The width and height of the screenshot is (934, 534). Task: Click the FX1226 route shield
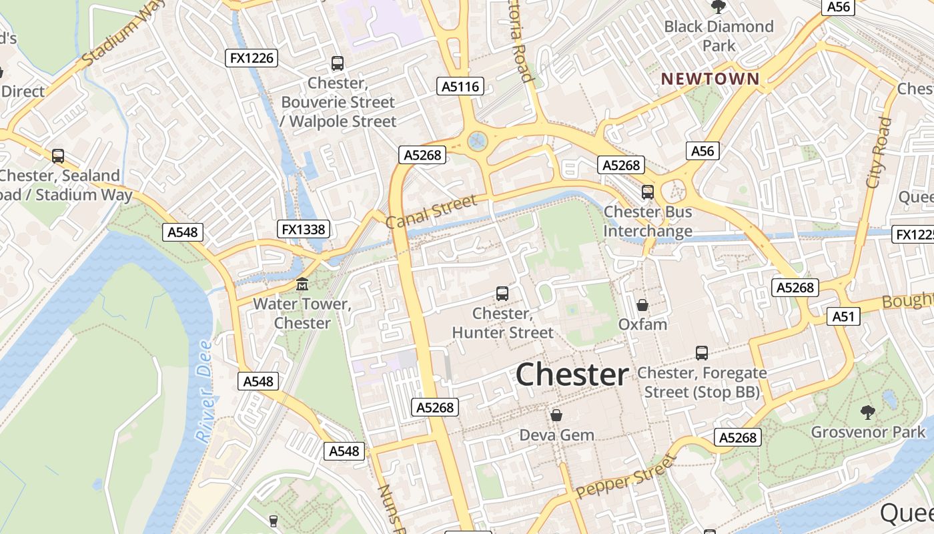(252, 58)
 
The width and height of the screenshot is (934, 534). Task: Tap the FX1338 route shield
(304, 230)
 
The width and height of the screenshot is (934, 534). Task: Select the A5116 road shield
(460, 86)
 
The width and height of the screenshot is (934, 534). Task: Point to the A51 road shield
(843, 316)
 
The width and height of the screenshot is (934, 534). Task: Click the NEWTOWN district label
(710, 79)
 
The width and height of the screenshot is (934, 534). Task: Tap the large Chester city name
(572, 375)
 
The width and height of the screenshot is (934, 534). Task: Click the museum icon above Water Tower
(302, 284)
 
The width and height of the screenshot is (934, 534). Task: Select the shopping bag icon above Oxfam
(642, 305)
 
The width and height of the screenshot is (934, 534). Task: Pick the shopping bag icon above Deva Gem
(556, 415)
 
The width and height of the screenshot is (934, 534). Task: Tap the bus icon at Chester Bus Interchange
(647, 192)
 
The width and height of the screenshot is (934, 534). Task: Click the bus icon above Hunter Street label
(502, 293)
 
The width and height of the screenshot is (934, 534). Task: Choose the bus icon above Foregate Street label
(702, 352)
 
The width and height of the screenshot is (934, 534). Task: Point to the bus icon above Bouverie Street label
(338, 63)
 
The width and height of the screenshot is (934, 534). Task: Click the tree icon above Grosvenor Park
(868, 412)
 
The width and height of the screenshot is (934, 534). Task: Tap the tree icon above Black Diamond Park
(719, 7)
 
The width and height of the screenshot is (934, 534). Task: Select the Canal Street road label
(432, 211)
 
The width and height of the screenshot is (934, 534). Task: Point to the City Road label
(879, 152)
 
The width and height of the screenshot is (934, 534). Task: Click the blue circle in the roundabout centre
(476, 140)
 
